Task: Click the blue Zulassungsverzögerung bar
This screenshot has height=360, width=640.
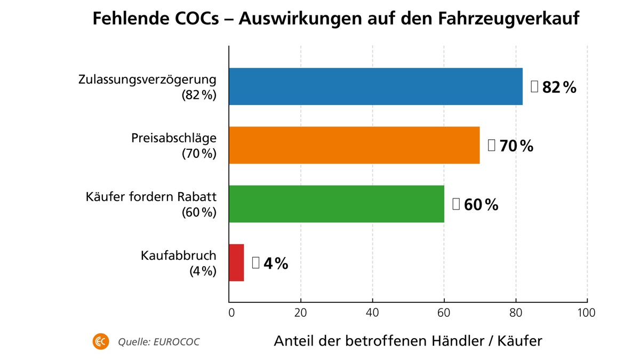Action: point(375,86)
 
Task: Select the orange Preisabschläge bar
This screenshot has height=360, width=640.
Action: point(354,145)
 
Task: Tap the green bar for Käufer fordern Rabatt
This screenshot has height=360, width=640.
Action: point(336,204)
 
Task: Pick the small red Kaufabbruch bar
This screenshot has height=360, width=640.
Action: point(236,262)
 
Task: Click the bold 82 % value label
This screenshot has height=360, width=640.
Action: point(559,87)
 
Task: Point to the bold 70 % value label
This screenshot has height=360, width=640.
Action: point(516,146)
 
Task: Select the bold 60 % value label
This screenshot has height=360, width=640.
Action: point(481,205)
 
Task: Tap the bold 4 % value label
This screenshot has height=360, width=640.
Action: point(275,263)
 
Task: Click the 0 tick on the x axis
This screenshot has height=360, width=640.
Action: point(231,313)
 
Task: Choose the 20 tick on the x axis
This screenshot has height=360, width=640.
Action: point(301,313)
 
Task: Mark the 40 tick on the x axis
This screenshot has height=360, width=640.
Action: point(372,313)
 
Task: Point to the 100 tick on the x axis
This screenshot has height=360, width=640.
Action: point(587,313)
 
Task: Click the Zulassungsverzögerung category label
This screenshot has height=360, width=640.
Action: point(147,80)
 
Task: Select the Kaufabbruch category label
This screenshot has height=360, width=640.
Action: point(179,255)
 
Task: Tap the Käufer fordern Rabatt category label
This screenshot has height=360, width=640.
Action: point(151,197)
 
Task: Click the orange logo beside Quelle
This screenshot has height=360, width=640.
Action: point(100,341)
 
